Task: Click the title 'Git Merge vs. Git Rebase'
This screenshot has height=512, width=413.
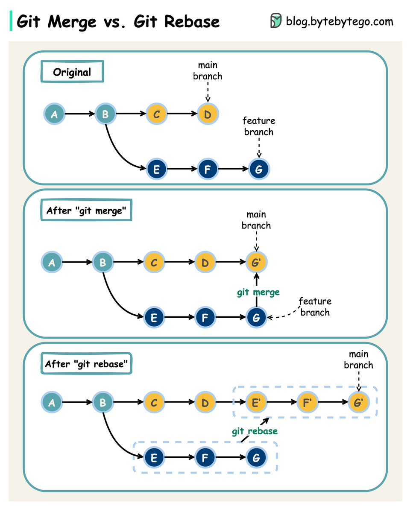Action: (x=118, y=21)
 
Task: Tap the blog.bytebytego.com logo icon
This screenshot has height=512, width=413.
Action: (x=276, y=20)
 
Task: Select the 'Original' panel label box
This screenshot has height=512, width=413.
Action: (x=72, y=72)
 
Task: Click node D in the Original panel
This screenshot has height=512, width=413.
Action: (x=208, y=114)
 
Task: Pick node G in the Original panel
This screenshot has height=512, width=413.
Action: (x=259, y=170)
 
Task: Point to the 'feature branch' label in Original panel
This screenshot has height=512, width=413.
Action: (x=259, y=126)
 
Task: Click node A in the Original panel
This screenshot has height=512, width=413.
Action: (x=54, y=114)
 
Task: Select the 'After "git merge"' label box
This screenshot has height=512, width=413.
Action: (x=86, y=211)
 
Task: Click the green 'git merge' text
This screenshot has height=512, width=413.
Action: (x=259, y=292)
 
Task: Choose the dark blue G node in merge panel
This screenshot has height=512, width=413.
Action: (x=256, y=318)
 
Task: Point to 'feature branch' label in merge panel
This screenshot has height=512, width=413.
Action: (x=315, y=307)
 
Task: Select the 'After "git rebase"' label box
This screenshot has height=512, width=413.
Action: (x=86, y=365)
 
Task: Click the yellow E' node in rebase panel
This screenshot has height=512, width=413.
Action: (x=256, y=402)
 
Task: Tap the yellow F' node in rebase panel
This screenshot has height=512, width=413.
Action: (x=308, y=402)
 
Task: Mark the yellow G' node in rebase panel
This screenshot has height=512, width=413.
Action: (x=358, y=402)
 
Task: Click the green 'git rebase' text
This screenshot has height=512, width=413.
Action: (x=255, y=431)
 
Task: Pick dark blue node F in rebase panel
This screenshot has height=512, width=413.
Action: (x=205, y=458)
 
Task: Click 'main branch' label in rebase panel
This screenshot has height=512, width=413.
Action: (x=358, y=360)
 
